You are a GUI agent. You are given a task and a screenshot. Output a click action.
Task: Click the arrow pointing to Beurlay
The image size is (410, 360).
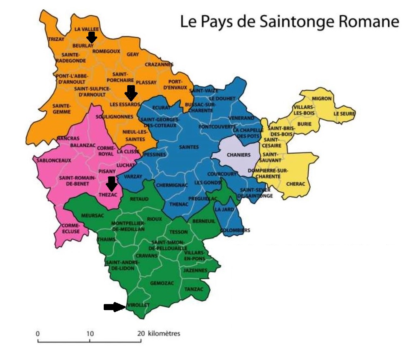coord(92,38)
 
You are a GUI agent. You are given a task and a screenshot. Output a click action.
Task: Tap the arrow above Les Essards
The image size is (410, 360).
coord(131,93)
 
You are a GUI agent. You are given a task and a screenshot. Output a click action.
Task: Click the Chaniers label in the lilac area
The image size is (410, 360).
coord(238,155)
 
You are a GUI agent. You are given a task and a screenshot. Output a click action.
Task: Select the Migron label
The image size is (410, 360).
coord(322,99)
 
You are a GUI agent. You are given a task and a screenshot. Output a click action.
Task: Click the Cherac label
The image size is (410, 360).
coord(295,184)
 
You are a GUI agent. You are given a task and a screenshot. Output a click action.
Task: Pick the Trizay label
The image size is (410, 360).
coord(56,39)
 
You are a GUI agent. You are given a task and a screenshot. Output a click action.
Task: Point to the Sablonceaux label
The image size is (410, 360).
coord(54,160)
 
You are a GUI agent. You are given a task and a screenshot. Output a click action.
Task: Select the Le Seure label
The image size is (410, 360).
coord(344,114)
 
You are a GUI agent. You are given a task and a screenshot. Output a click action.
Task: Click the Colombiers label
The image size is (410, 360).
coord(235,230)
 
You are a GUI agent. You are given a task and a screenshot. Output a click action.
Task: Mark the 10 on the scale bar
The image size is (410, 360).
coord(90,334)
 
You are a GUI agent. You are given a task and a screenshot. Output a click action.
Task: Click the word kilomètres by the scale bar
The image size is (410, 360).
coord(164,334)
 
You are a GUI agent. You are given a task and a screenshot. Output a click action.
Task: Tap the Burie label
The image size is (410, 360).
coord(304,124)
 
